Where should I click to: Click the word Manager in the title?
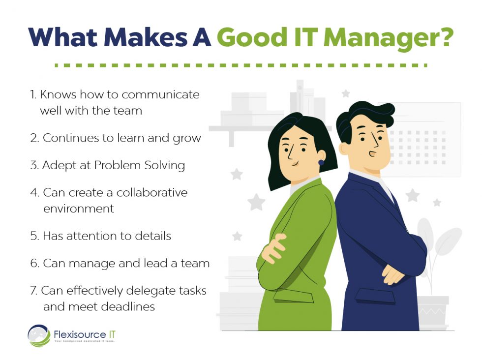coord(374,38)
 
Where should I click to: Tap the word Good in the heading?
coord(256,38)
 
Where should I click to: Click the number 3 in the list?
coord(34,165)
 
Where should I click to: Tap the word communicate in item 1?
coord(161,94)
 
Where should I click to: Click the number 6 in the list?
coord(34,264)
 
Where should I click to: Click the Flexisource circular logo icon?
coord(39,336)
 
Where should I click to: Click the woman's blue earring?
coord(321,162)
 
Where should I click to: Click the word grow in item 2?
coord(187,138)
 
